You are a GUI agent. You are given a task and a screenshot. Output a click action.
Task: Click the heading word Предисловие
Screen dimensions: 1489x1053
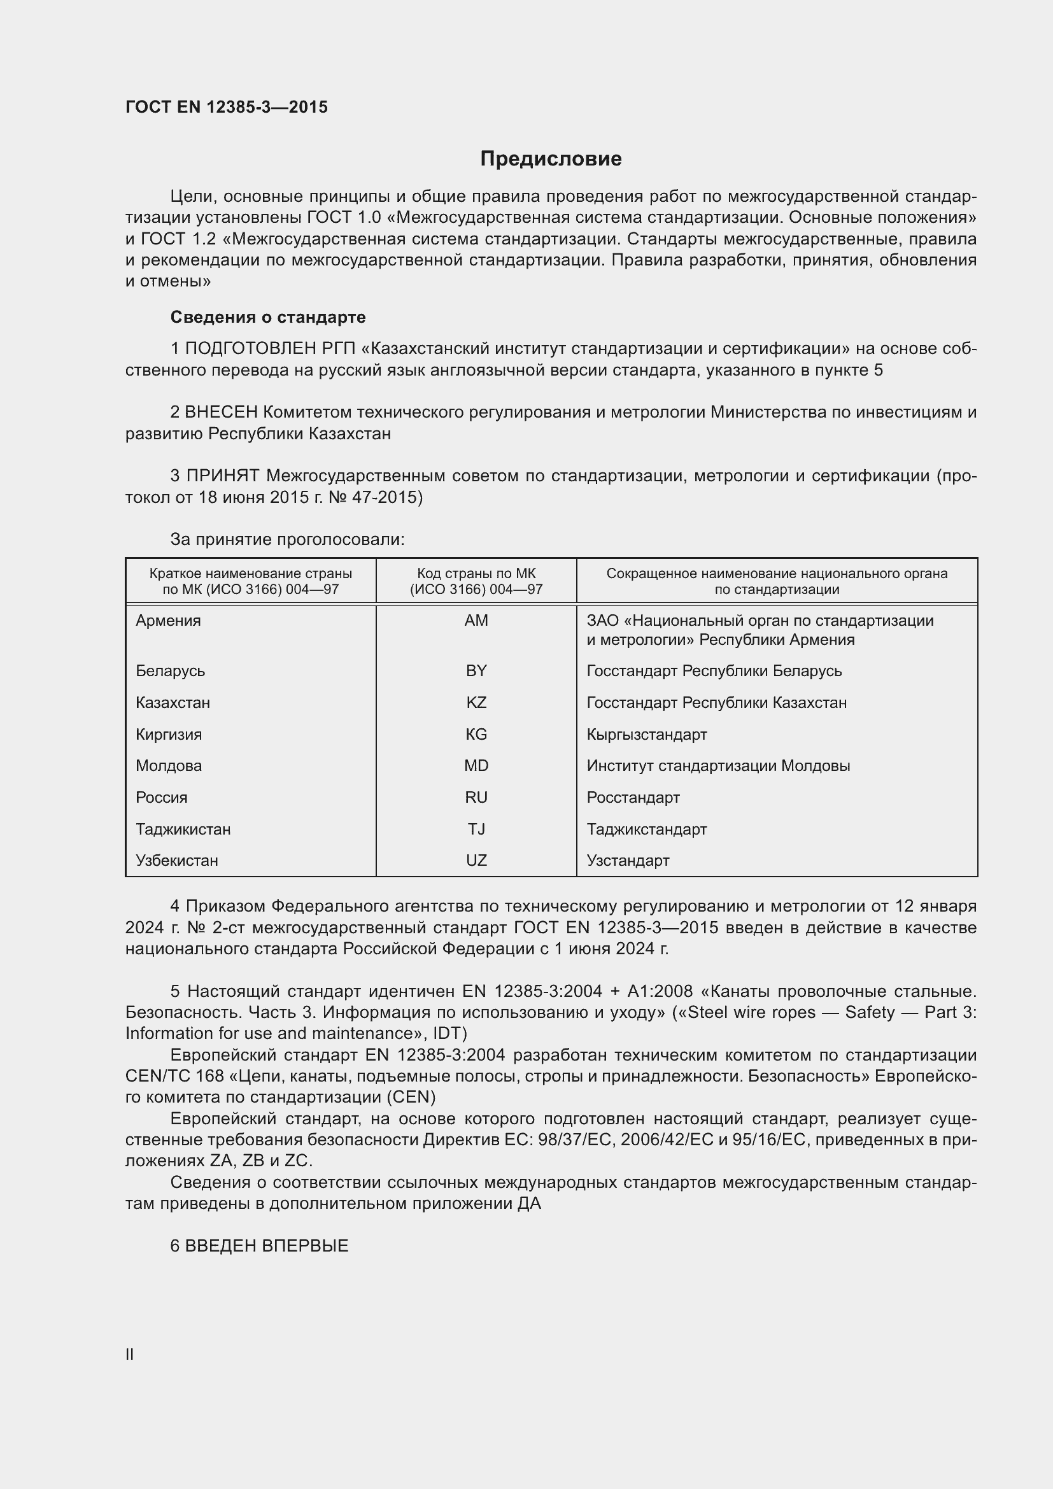point(551,159)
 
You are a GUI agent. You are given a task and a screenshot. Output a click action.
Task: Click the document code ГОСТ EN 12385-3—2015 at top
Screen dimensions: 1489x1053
point(226,107)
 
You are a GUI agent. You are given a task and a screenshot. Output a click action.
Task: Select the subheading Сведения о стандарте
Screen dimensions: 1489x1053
point(268,317)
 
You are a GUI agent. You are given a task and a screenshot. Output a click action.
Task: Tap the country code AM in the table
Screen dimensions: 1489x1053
point(476,621)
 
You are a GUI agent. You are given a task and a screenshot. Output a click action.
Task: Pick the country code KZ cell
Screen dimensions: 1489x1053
point(476,702)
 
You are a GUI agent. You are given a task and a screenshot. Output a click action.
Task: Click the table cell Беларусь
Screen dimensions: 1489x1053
point(171,670)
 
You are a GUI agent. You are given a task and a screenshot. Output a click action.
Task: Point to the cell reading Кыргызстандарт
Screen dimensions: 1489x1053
point(646,734)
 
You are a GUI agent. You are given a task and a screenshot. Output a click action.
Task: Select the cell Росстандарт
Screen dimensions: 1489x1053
point(633,797)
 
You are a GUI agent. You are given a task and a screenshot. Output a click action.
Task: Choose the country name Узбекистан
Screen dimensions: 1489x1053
point(177,860)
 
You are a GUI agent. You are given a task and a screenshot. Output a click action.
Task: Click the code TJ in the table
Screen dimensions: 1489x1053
point(476,829)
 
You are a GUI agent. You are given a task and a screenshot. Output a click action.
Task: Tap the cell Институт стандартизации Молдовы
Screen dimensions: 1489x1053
point(717,765)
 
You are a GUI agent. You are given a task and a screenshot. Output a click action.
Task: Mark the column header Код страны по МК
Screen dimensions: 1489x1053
point(476,574)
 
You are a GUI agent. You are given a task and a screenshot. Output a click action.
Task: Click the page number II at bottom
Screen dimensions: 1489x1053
point(130,1353)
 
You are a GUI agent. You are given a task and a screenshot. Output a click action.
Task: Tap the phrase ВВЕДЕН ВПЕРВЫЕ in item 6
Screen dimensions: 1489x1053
point(267,1245)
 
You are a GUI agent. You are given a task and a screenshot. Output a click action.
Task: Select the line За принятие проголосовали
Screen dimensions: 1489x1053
point(287,539)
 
